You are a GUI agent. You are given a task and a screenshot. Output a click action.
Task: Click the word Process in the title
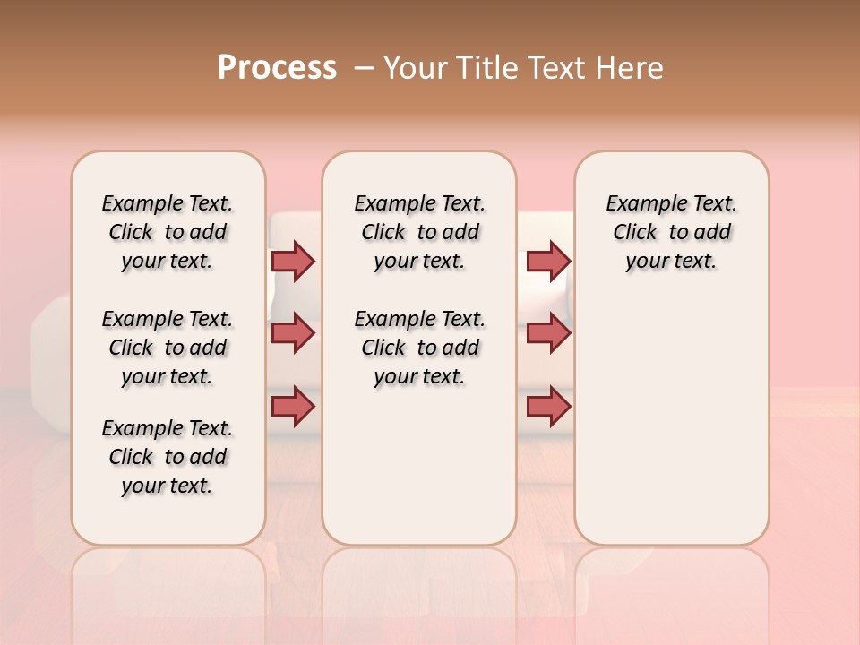pos(277,67)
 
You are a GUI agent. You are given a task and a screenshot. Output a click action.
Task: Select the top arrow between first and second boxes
pos(293,261)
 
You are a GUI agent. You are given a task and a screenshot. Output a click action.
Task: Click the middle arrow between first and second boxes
pos(293,333)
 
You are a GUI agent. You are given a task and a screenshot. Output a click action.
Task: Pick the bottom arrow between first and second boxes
pos(293,407)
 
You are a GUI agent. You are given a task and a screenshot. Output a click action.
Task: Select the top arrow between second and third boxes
pos(548,261)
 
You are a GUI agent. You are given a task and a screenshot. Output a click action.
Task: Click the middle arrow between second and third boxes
pos(548,333)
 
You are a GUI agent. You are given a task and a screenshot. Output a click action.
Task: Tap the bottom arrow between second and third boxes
pos(548,407)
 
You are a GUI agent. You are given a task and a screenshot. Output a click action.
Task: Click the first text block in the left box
pos(168,232)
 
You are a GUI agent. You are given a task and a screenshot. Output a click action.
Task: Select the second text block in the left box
pos(168,348)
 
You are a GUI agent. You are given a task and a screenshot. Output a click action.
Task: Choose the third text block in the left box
pos(168,457)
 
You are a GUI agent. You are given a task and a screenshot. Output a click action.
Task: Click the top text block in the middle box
pos(419,232)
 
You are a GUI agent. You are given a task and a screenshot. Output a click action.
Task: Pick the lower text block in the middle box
pos(419,348)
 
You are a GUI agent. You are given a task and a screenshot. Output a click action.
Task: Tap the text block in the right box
pos(671,232)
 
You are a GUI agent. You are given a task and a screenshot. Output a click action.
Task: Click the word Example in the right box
pos(641,204)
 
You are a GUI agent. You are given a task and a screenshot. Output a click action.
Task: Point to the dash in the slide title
pos(364,68)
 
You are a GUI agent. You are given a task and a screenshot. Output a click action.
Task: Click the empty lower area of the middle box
pos(419,466)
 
